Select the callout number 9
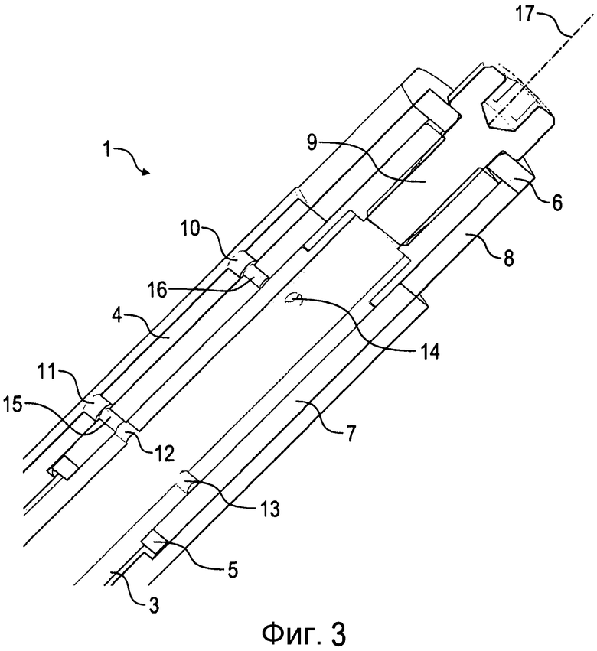point(312,143)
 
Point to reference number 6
point(557,203)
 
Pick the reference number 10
point(192,228)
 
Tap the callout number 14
point(429,352)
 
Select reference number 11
point(47,373)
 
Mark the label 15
point(13,405)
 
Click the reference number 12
point(164,454)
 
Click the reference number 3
point(153,606)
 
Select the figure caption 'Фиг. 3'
point(304,633)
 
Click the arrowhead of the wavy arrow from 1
point(146,172)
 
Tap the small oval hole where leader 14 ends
point(294,298)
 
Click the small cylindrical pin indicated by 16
point(253,276)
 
